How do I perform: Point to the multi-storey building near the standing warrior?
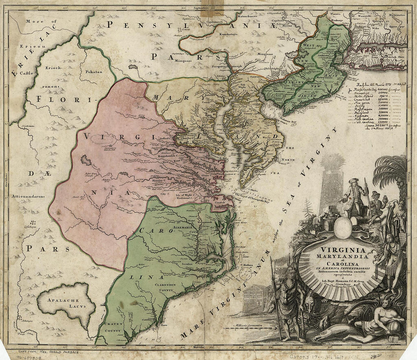[x=254, y=297]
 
